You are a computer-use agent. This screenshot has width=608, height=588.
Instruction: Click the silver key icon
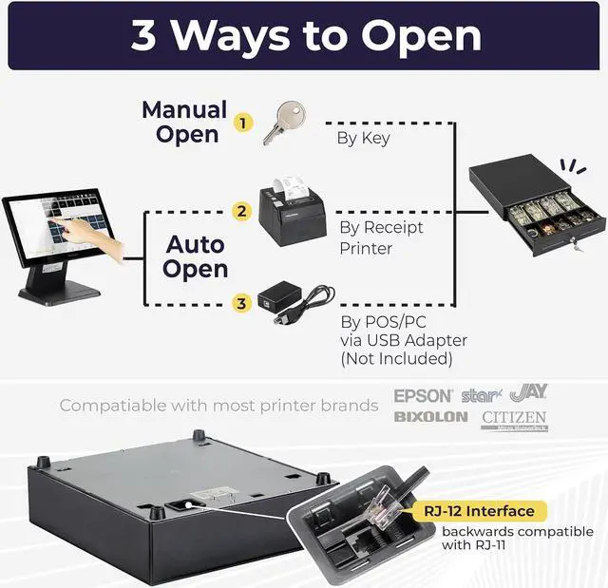click(x=282, y=123)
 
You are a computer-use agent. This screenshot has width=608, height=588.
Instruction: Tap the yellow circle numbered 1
click(x=245, y=123)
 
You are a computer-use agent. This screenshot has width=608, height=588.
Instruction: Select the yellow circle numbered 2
click(x=242, y=211)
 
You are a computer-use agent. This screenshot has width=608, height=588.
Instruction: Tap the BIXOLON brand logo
click(x=430, y=416)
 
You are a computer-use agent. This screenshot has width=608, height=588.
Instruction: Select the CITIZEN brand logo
click(x=514, y=418)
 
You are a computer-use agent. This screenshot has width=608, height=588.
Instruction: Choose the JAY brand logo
click(x=528, y=391)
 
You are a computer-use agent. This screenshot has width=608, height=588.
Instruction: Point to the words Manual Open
click(x=184, y=122)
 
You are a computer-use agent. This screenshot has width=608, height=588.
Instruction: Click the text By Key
click(x=364, y=139)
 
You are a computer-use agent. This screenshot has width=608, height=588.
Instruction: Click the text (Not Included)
click(x=396, y=358)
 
